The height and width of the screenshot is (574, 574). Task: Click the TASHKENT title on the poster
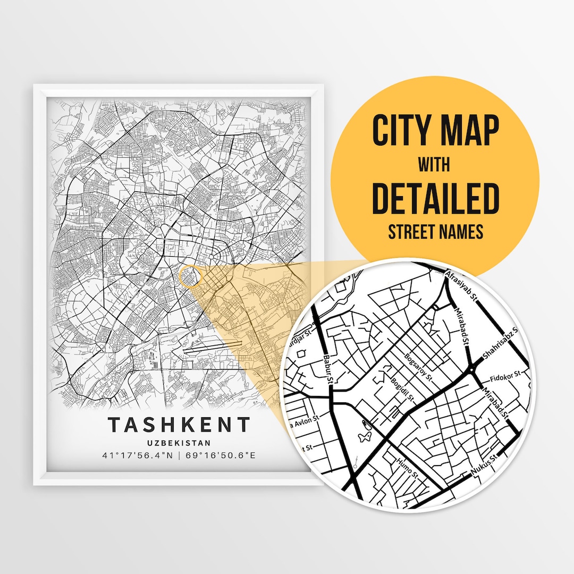(179, 425)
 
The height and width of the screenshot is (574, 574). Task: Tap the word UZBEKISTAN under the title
(179, 443)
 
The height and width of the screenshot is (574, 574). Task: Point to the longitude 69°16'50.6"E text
(220, 455)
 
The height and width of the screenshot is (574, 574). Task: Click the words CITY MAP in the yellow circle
(435, 130)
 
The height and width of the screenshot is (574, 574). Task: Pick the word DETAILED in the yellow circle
(435, 198)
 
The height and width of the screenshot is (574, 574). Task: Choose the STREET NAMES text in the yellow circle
(435, 232)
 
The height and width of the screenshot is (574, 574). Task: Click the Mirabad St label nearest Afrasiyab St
(461, 325)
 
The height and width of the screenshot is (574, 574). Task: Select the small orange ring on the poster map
(190, 277)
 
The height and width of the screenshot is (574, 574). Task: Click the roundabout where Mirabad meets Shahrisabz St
(472, 369)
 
